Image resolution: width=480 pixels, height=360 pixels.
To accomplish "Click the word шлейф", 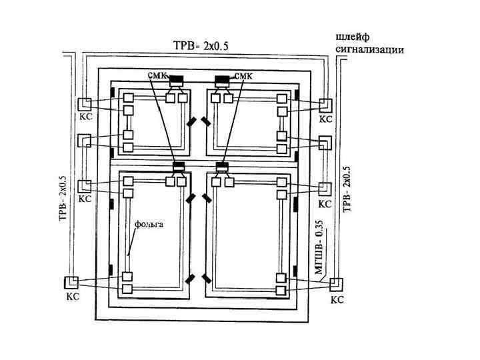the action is (x=353, y=38).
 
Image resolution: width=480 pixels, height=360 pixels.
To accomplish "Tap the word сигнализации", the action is (x=370, y=49).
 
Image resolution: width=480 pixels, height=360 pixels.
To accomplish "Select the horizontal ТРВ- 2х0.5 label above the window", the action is (x=201, y=45).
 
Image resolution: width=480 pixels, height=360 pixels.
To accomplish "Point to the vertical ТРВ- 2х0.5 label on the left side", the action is (x=63, y=198).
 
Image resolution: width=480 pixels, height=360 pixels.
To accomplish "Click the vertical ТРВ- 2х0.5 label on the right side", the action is (x=347, y=189).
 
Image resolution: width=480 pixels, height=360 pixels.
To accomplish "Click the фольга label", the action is (x=149, y=225).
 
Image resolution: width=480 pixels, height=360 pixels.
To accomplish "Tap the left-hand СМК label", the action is (x=157, y=75).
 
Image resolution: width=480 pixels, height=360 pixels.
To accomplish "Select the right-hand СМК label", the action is (x=244, y=75).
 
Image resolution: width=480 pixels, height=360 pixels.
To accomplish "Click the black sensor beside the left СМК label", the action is (x=176, y=80).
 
